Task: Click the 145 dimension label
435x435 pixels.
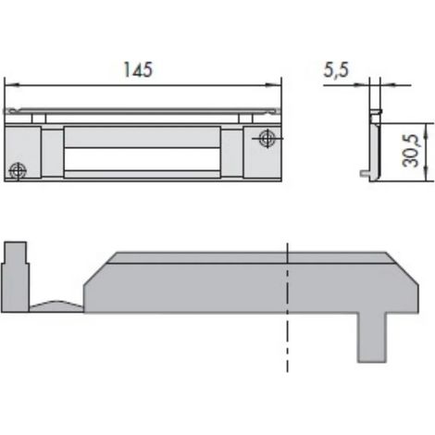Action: (x=138, y=69)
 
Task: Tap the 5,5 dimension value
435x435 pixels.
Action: (x=336, y=69)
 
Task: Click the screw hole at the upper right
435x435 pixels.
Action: (x=267, y=139)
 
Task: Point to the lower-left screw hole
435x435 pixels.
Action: (x=18, y=170)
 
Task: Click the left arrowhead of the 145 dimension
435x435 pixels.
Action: (x=12, y=85)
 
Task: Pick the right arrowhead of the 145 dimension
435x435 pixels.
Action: (x=273, y=85)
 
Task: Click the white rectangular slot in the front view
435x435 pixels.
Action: (x=143, y=159)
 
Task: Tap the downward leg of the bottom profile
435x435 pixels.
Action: (x=372, y=337)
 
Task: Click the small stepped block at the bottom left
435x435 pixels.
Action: (x=15, y=277)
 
